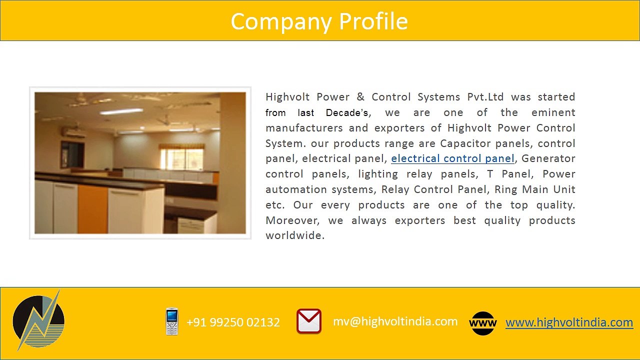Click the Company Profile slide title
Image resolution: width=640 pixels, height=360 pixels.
point(319,21)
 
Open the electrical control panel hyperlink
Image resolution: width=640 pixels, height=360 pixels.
point(452,158)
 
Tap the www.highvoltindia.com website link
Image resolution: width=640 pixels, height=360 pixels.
point(569,322)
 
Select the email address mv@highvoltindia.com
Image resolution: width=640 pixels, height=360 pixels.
point(395,321)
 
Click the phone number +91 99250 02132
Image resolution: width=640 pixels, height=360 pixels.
point(233,322)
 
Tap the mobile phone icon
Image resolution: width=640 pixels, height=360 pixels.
point(172,321)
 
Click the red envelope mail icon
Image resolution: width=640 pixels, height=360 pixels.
point(309,321)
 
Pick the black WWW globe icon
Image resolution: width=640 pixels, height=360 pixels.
point(483,323)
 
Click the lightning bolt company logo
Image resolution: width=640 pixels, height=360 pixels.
point(38,320)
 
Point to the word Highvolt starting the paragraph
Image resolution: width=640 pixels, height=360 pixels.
point(287,97)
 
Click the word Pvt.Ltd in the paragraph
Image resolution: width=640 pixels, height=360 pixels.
point(485,97)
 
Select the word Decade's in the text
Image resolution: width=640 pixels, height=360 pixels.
point(347,112)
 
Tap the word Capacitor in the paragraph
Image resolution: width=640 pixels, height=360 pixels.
point(465,143)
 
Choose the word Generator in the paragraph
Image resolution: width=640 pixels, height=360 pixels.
point(548,158)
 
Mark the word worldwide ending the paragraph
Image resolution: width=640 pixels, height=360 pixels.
point(294,235)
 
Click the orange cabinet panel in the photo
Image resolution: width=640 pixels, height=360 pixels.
point(92,208)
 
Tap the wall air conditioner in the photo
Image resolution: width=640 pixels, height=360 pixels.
point(72,132)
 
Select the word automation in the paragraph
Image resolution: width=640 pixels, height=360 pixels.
point(294,189)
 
